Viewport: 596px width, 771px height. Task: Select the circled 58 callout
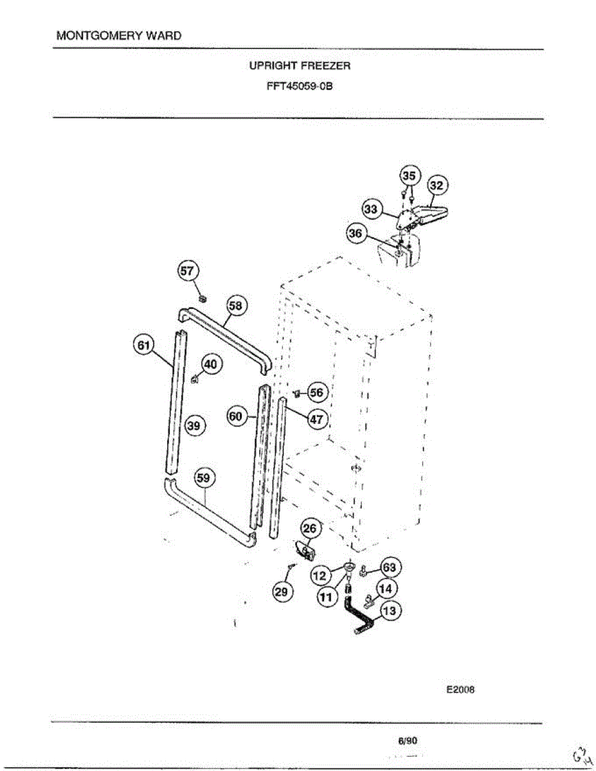[235, 306]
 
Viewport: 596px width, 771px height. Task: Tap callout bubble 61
[143, 345]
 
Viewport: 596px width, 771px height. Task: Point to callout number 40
[212, 364]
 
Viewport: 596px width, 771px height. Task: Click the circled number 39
[195, 425]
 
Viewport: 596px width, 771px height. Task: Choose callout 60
[235, 416]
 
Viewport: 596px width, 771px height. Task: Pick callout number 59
[205, 479]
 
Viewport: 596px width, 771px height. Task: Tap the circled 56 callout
[316, 392]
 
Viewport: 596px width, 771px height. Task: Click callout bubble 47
[316, 419]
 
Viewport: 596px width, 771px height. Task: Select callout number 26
[310, 529]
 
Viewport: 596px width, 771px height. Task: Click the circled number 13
[390, 611]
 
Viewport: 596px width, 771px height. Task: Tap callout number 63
[390, 567]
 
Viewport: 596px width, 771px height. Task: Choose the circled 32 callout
[437, 185]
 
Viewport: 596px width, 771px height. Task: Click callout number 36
[356, 233]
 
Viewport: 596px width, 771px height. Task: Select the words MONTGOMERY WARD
[119, 35]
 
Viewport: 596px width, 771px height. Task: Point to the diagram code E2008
[460, 691]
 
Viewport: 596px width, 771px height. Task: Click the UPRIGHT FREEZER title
[300, 66]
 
